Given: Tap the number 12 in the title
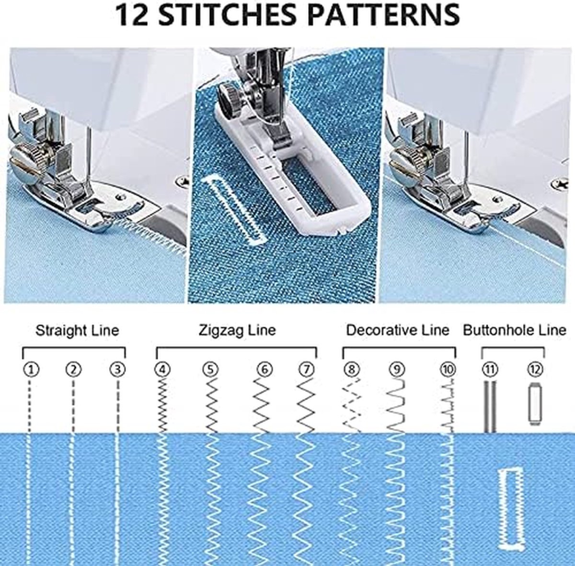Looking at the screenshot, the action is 132,14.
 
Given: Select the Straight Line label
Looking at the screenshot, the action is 77,331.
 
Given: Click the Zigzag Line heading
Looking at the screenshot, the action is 237,330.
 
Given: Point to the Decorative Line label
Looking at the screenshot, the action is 398,330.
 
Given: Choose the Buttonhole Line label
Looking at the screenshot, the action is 515,330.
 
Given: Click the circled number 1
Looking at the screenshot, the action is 31,370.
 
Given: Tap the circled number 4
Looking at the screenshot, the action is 162,370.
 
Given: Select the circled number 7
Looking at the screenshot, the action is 307,370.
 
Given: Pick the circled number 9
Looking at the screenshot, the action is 397,370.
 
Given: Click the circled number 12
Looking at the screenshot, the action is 535,370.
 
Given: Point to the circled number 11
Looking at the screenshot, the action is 490,370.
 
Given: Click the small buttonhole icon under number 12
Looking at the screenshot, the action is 535,404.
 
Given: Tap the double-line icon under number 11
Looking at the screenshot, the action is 490,406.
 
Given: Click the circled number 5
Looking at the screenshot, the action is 211,370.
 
